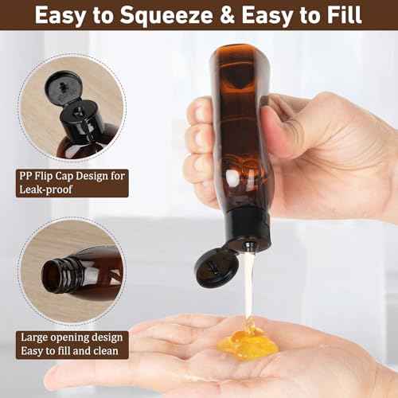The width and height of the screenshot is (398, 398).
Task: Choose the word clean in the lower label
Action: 105,350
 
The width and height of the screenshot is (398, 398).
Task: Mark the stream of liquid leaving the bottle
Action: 248,287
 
